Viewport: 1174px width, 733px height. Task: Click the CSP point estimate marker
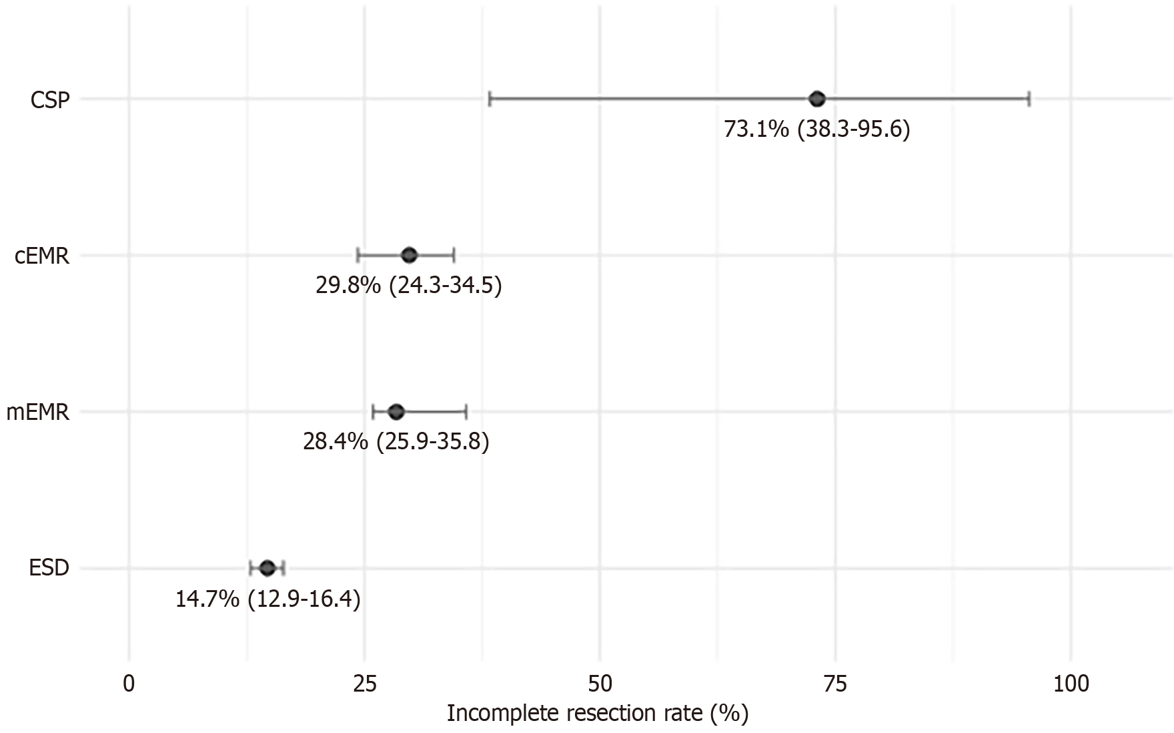pyautogui.click(x=816, y=99)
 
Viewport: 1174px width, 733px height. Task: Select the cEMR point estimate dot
pyautogui.click(x=409, y=255)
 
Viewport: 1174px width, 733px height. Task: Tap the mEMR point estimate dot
pyautogui.click(x=396, y=412)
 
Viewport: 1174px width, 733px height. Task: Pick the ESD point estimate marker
pyautogui.click(x=267, y=568)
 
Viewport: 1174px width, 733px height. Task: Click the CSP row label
pyautogui.click(x=50, y=100)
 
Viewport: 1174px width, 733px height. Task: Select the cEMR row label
pyautogui.click(x=42, y=256)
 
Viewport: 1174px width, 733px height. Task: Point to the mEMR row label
pyautogui.click(x=38, y=413)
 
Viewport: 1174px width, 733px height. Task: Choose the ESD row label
pyautogui.click(x=49, y=569)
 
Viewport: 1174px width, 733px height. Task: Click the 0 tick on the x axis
pyautogui.click(x=129, y=684)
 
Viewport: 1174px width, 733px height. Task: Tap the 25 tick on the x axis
pyautogui.click(x=364, y=684)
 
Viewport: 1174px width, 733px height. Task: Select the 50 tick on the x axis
pyautogui.click(x=600, y=684)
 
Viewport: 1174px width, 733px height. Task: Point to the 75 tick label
pyautogui.click(x=835, y=684)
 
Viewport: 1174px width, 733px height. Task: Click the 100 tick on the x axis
pyautogui.click(x=1071, y=684)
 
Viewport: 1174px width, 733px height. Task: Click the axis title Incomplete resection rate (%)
pyautogui.click(x=597, y=714)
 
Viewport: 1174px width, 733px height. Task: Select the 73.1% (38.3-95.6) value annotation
pyautogui.click(x=816, y=129)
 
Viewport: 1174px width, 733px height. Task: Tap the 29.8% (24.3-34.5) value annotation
pyautogui.click(x=408, y=286)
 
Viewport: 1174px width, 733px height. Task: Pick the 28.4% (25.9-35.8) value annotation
pyautogui.click(x=396, y=442)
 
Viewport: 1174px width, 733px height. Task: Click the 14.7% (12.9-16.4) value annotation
pyautogui.click(x=267, y=599)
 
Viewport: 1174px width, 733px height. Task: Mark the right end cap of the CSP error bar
pyautogui.click(x=1029, y=99)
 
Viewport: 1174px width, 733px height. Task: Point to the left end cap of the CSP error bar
pyautogui.click(x=490, y=99)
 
